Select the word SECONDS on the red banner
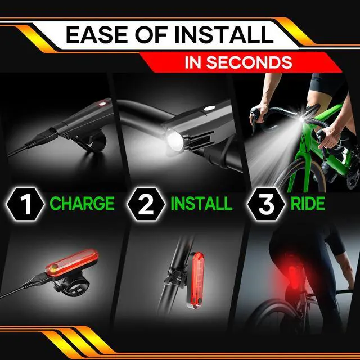tap(249, 62)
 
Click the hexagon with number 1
tap(25, 204)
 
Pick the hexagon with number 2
tap(146, 204)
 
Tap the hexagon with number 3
tap(266, 204)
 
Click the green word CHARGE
tap(82, 204)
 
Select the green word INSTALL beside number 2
tap(201, 204)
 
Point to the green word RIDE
tap(308, 204)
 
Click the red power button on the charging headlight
tap(101, 104)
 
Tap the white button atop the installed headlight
tap(210, 108)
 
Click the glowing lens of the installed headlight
tap(174, 140)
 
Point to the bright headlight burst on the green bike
tap(301, 119)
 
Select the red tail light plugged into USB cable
tap(71, 263)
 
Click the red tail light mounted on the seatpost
tap(197, 281)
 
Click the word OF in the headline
tap(151, 35)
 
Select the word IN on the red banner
tap(193, 62)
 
